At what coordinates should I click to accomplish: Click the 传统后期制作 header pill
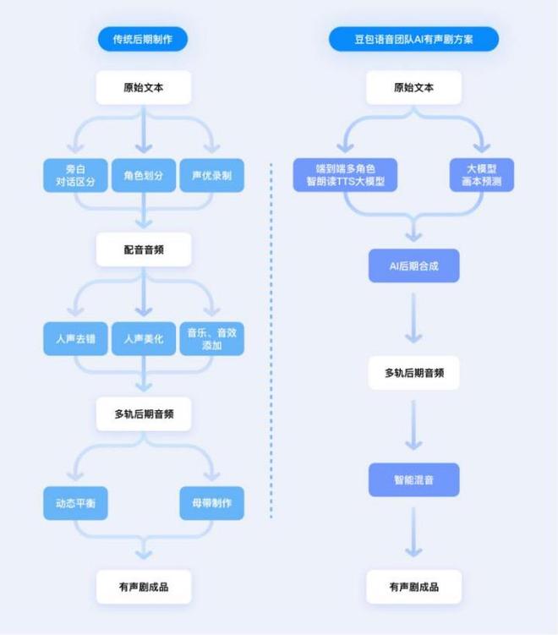pos(142,39)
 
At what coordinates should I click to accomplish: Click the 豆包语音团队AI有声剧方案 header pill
pos(413,39)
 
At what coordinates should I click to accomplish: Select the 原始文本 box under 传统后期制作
pos(143,87)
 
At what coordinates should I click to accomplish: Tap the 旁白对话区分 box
pos(76,175)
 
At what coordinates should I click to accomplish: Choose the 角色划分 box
pos(144,175)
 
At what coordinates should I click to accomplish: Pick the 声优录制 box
pos(211,175)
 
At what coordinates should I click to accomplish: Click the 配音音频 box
pos(143,249)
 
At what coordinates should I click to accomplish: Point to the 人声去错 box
pos(76,338)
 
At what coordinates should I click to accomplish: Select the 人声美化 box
pos(144,338)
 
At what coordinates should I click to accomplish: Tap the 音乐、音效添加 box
pos(211,338)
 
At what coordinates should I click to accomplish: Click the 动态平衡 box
pos(76,503)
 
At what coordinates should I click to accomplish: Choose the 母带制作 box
pos(211,503)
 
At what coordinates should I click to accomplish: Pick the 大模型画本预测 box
pos(481,175)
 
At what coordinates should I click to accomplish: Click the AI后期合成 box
pos(413,265)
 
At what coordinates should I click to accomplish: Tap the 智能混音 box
pos(413,479)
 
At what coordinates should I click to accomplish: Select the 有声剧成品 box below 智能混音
pos(413,586)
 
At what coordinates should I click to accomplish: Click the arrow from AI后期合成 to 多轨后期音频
pos(413,319)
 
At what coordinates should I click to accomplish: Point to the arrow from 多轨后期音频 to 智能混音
pos(413,425)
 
